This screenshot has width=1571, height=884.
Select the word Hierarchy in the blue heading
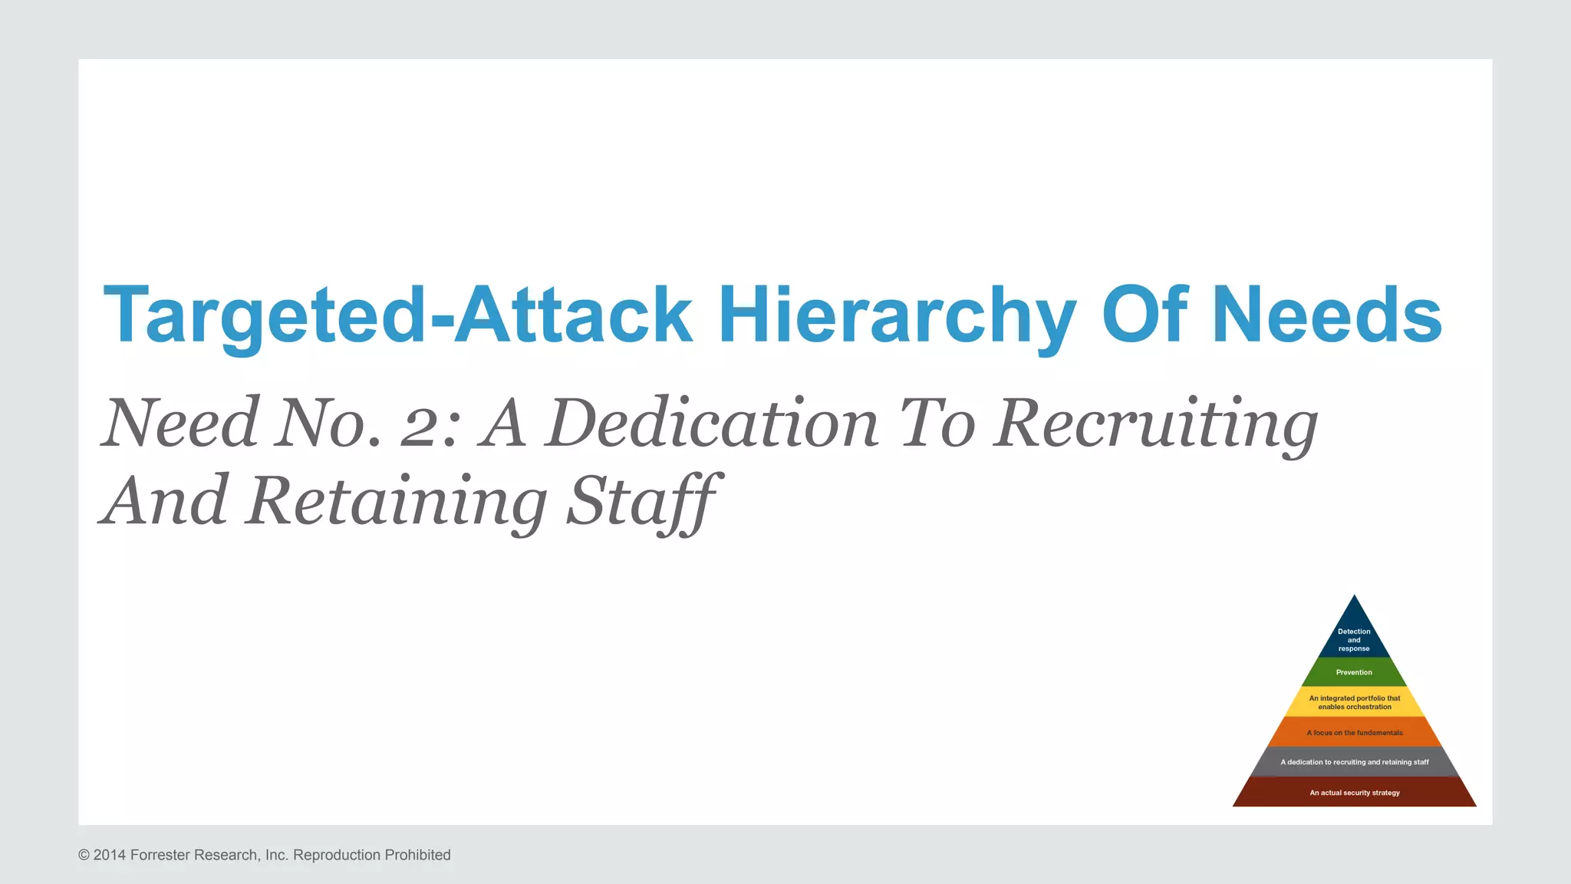(897, 315)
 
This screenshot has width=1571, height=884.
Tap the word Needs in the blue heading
(1327, 315)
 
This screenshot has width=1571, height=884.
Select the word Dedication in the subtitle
(712, 424)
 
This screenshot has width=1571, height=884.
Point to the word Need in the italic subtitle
(180, 424)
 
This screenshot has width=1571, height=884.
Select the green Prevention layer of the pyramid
(1354, 672)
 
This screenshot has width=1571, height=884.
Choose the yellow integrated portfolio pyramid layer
(1354, 702)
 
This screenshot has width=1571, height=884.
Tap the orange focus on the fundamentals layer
(1354, 733)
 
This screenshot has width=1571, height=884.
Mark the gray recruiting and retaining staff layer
(1354, 762)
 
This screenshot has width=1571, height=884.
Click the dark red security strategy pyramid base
(1354, 793)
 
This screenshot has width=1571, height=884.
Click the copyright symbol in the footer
(84, 855)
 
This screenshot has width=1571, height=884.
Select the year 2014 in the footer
(110, 855)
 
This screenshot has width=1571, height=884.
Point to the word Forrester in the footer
(160, 855)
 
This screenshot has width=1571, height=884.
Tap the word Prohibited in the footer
(417, 855)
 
